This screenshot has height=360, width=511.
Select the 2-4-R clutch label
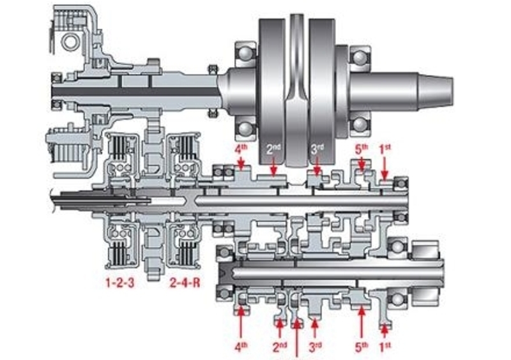(184, 281)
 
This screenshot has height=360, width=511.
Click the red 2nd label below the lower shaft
(280, 347)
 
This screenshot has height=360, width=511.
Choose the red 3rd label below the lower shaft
(315, 347)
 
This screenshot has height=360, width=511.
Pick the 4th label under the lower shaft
(241, 347)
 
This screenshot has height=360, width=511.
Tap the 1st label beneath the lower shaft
(385, 347)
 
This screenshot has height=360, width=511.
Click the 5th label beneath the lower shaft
(362, 347)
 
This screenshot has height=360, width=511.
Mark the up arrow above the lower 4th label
(241, 322)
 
